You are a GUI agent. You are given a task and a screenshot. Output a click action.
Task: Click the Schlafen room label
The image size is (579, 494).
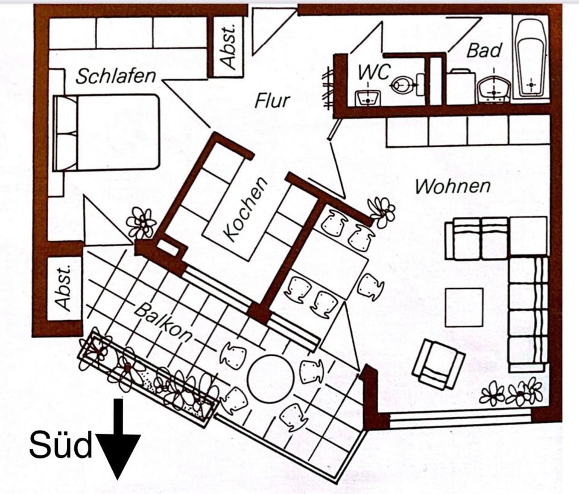[x=115, y=76]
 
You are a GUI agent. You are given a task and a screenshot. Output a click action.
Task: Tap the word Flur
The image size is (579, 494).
[x=272, y=100]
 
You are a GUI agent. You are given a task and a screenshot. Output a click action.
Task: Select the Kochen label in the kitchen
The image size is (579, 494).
[x=244, y=209]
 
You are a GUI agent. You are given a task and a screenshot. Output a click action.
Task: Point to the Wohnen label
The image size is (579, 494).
[x=453, y=186]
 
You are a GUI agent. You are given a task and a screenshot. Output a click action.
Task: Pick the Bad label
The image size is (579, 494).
[x=484, y=51]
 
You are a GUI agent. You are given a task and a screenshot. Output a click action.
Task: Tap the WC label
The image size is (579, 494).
[x=373, y=71]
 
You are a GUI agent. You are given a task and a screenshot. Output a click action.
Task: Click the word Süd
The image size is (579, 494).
[x=60, y=447]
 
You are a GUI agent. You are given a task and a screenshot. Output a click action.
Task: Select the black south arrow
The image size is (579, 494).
[x=118, y=441]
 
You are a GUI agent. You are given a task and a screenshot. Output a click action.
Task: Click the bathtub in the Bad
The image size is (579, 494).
[x=531, y=59]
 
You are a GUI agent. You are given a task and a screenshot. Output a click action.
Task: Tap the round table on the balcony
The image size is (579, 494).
[x=270, y=379]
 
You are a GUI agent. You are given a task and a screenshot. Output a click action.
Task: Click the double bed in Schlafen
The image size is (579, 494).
[x=107, y=132]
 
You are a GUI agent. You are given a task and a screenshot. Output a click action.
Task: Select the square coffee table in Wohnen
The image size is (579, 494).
[x=464, y=307]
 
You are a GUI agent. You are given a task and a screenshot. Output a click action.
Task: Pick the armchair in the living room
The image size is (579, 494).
[x=438, y=364]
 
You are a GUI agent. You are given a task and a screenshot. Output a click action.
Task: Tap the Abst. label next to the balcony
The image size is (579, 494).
[x=65, y=288]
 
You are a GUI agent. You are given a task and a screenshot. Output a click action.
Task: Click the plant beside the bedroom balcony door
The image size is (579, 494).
[x=142, y=223]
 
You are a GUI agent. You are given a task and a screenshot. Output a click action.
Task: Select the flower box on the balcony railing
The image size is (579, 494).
[x=148, y=379]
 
